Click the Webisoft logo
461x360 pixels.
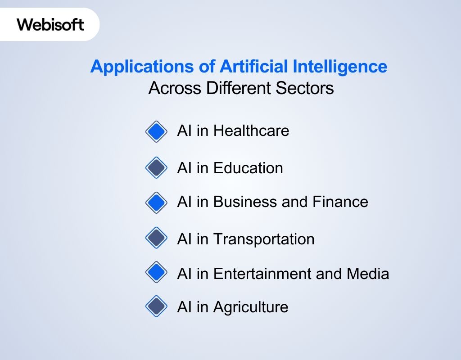(50, 24)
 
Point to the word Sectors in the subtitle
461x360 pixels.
(305, 88)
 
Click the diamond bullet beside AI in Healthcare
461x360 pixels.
(157, 131)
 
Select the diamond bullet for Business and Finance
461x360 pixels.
(157, 202)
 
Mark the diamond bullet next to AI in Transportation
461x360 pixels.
(157, 238)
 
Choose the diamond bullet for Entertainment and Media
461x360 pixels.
(157, 273)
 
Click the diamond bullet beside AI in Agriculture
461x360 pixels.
(157, 307)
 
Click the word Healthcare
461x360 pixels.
(251, 131)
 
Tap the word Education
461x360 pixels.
(248, 168)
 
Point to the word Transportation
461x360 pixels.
(263, 239)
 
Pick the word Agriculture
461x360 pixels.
(250, 307)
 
